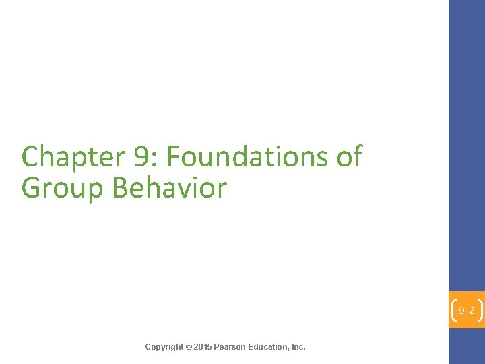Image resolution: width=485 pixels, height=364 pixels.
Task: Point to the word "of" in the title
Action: (349, 158)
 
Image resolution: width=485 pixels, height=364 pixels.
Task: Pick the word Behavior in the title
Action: (169, 187)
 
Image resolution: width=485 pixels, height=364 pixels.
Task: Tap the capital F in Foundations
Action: (173, 158)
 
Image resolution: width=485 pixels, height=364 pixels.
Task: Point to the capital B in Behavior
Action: (120, 187)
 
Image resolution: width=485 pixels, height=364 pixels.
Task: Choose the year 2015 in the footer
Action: (202, 347)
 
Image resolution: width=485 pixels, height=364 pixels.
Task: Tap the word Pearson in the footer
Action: (230, 347)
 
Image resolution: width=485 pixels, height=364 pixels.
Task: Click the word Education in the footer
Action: (268, 347)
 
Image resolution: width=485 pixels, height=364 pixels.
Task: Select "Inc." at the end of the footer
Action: (298, 347)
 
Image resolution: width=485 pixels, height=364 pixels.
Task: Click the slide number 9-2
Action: (467, 311)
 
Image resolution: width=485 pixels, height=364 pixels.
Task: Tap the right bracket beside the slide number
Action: (480, 311)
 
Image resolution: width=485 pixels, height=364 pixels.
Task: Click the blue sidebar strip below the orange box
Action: (467, 346)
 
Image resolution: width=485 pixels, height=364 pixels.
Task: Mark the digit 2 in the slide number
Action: (472, 311)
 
